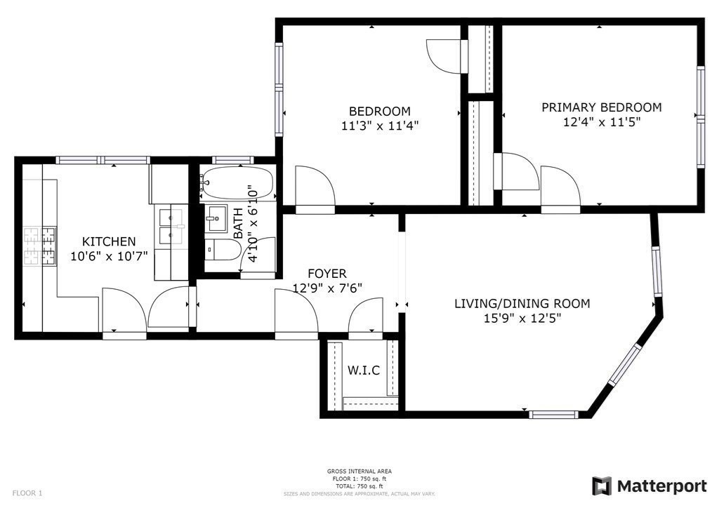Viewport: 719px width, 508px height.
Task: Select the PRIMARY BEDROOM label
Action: click(x=601, y=107)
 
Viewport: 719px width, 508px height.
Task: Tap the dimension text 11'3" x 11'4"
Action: click(x=380, y=126)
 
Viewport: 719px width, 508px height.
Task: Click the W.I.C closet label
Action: click(x=364, y=370)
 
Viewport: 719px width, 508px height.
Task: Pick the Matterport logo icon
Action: click(x=602, y=486)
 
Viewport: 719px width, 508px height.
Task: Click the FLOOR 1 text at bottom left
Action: click(x=27, y=493)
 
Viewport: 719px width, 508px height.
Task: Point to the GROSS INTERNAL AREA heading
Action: click(x=359, y=472)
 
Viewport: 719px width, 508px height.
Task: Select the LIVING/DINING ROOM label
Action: click(x=522, y=304)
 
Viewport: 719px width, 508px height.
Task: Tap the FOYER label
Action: click(x=326, y=273)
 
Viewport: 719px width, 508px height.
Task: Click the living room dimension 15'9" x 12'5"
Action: click(x=522, y=318)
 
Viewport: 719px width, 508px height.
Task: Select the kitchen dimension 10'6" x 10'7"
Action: click(x=108, y=256)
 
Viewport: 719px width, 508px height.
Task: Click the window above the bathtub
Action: click(x=233, y=160)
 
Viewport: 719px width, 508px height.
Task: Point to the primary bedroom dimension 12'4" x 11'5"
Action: click(x=601, y=121)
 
